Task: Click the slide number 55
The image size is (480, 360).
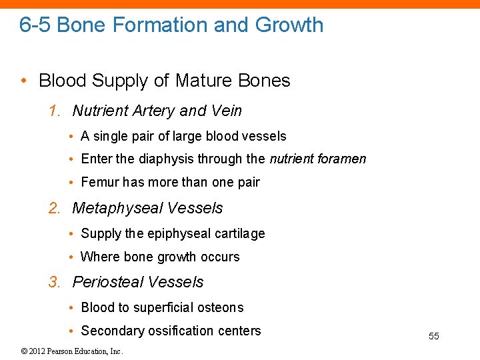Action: [x=433, y=336]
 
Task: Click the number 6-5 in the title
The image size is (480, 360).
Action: [x=35, y=25]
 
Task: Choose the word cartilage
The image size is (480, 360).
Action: [x=240, y=233]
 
